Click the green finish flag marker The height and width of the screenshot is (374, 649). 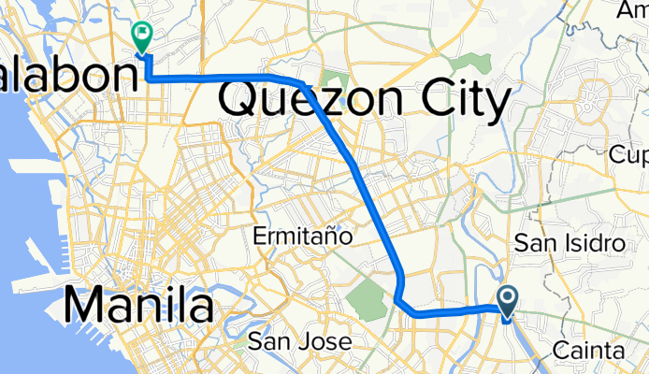[143, 36]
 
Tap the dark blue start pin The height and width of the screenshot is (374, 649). [508, 300]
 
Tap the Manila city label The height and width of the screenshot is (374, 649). [139, 306]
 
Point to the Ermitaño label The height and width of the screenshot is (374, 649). [304, 237]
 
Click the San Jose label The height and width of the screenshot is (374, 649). [300, 341]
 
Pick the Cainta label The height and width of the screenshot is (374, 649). [588, 350]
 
